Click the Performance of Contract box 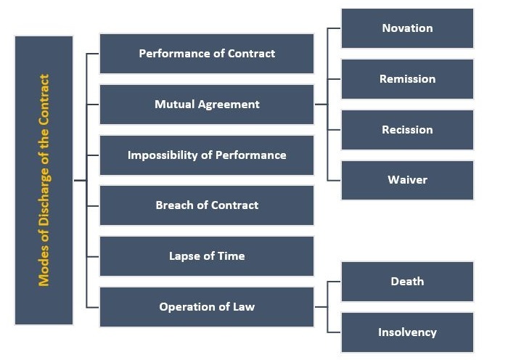click(x=207, y=54)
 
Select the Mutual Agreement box click(x=207, y=105)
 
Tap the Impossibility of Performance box click(x=207, y=155)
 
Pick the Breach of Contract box click(x=207, y=205)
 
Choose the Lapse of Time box click(x=207, y=256)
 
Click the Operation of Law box click(x=207, y=307)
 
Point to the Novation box click(x=407, y=28)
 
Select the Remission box click(x=407, y=79)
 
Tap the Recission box click(x=407, y=130)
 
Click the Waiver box click(x=407, y=180)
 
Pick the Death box click(x=407, y=282)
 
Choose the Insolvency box click(x=407, y=332)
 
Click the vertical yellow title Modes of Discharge click(x=44, y=180)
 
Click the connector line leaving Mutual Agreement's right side click(x=321, y=105)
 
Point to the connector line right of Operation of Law click(x=321, y=307)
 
